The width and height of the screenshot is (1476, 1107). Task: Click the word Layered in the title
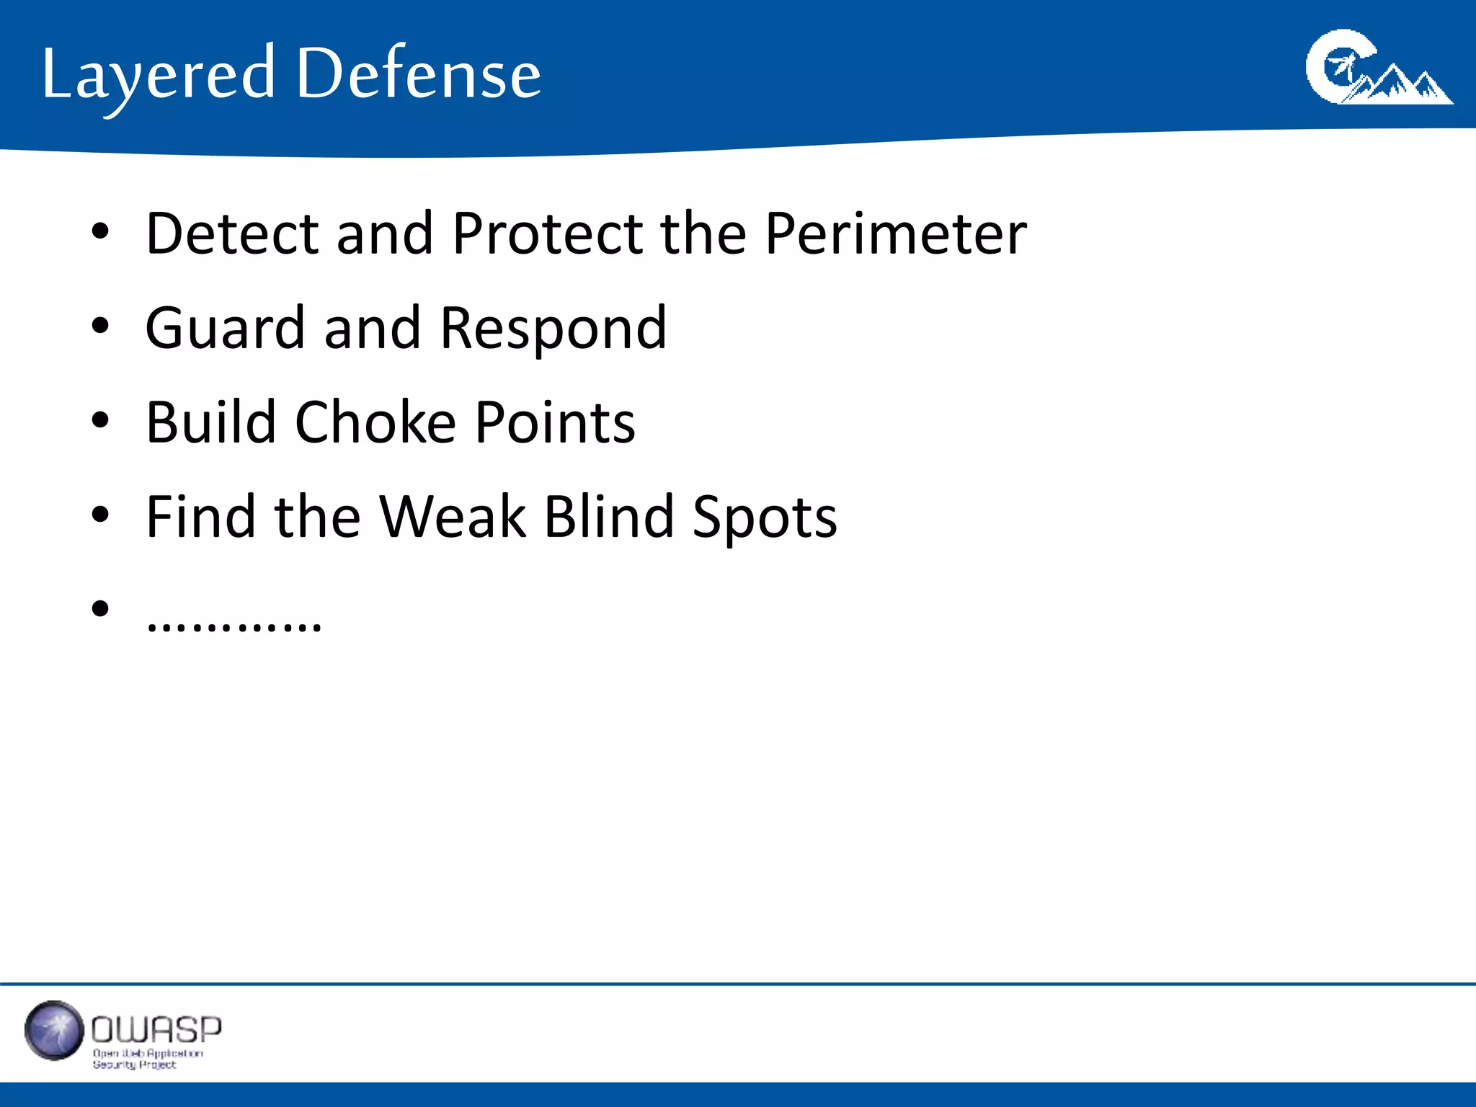tap(159, 75)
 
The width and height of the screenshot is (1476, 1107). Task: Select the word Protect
tap(548, 234)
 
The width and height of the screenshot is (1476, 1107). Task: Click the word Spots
tap(765, 517)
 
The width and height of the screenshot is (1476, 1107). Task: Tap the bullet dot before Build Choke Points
tap(100, 420)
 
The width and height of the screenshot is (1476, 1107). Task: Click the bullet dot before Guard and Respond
tap(100, 326)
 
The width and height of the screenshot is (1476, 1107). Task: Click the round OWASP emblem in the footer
tap(54, 1031)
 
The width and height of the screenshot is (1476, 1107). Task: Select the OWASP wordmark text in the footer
tap(156, 1030)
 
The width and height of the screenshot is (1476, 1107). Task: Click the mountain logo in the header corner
tap(1378, 68)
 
